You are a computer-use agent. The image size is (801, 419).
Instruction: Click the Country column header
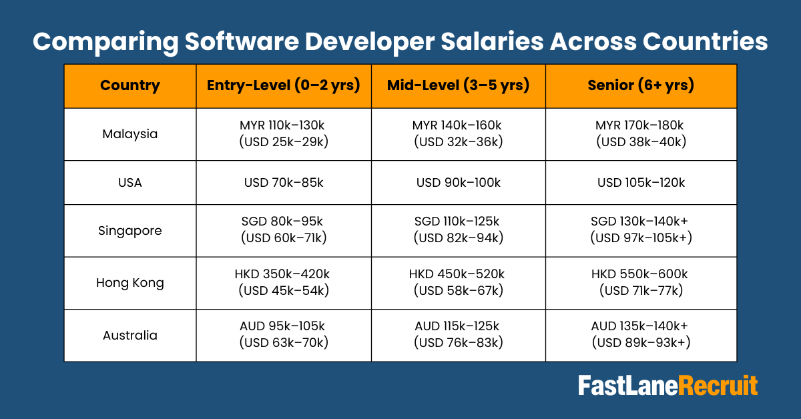[130, 85]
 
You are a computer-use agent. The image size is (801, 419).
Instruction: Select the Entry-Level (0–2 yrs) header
[284, 85]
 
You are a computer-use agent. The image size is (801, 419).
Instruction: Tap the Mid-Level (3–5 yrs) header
[458, 85]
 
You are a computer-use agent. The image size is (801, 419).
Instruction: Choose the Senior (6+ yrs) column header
[641, 85]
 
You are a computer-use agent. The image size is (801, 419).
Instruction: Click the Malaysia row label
[130, 134]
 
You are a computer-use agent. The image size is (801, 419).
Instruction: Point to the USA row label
[130, 183]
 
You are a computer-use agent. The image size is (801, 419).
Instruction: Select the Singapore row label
[130, 231]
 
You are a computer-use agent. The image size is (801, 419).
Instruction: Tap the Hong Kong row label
[130, 283]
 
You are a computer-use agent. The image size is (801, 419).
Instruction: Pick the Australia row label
[130, 335]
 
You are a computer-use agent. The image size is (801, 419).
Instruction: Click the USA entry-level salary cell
[284, 183]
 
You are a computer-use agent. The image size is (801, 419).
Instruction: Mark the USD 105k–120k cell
[641, 183]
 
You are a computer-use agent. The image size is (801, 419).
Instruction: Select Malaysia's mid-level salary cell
[458, 133]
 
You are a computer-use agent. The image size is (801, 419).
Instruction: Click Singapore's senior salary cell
[641, 230]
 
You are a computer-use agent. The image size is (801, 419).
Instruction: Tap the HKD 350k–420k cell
[284, 282]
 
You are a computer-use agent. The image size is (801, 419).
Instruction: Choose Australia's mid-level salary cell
[458, 334]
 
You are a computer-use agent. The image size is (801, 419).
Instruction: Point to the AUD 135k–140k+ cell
[641, 334]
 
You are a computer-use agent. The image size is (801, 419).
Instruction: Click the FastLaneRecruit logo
[667, 386]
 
